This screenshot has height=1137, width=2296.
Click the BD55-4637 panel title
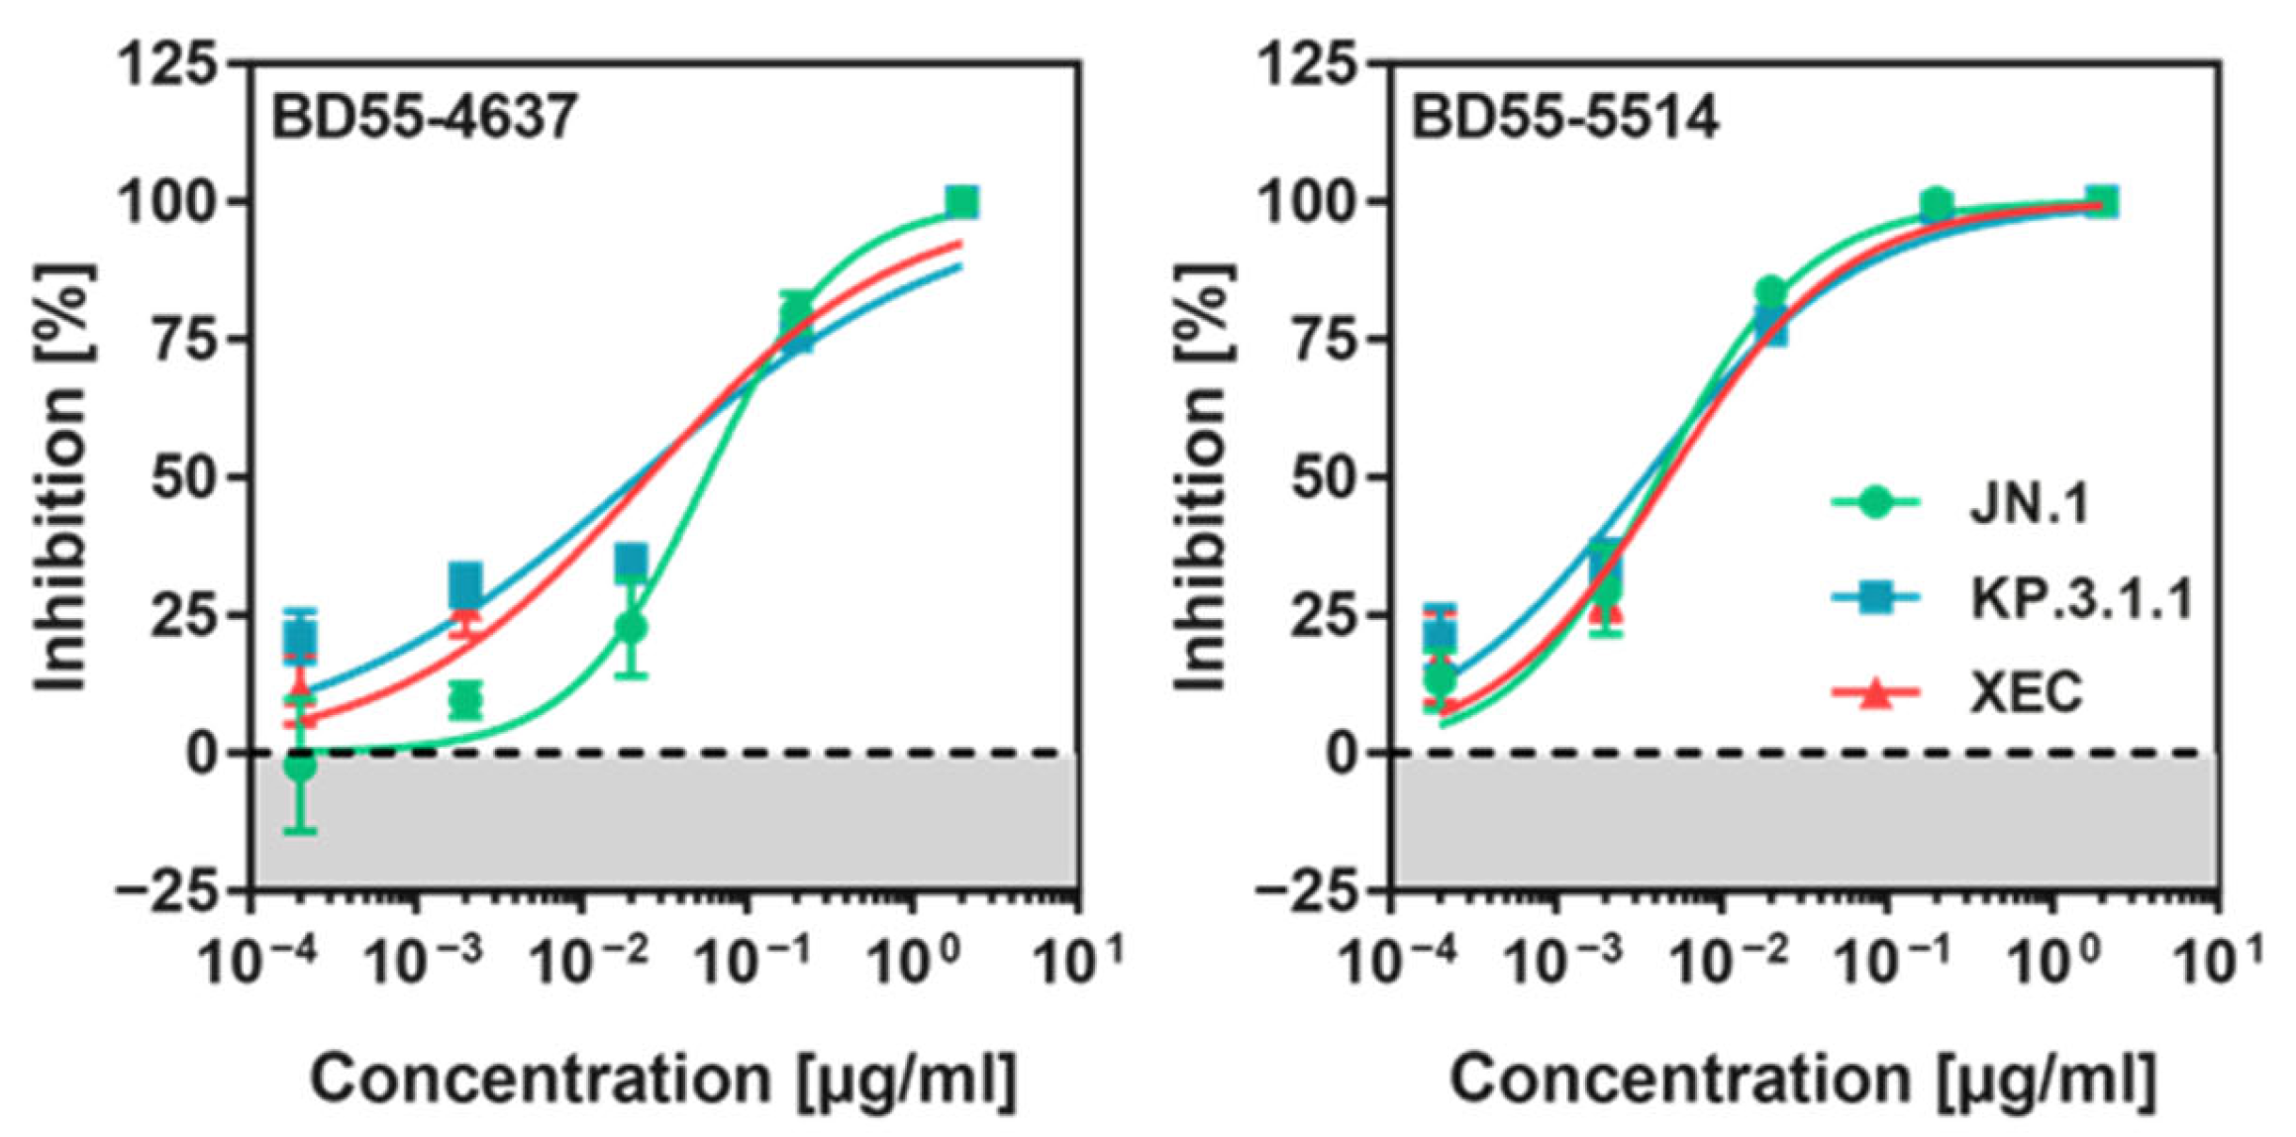click(x=424, y=118)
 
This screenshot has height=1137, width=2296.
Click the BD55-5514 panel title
click(x=1564, y=118)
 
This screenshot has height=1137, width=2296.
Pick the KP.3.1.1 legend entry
click(x=2079, y=598)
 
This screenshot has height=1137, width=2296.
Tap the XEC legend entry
click(x=2026, y=692)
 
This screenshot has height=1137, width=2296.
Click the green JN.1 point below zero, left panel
click(x=300, y=765)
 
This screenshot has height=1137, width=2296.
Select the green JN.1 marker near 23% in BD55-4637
click(x=632, y=627)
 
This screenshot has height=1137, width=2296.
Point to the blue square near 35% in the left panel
click(x=632, y=561)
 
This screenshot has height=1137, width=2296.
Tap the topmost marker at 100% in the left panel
click(x=961, y=202)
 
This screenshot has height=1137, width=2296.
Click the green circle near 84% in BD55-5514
click(x=1771, y=292)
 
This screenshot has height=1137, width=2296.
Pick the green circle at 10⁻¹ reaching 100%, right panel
click(x=1937, y=205)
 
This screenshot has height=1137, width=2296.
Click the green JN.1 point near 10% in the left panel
click(x=465, y=700)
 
